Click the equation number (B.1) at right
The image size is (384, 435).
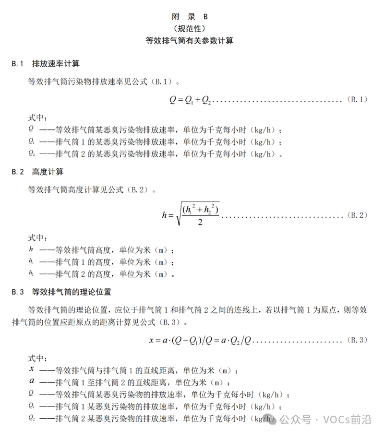[357, 100]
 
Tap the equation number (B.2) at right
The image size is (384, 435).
[357, 215]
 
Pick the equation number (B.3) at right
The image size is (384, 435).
[357, 340]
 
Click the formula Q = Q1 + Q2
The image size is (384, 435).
[190, 100]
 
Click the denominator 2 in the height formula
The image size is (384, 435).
[199, 223]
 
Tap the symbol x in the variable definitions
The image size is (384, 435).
[31, 369]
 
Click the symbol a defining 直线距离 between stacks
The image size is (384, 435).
[31, 382]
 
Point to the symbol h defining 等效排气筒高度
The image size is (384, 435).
[31, 249]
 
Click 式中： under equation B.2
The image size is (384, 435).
[38, 237]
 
